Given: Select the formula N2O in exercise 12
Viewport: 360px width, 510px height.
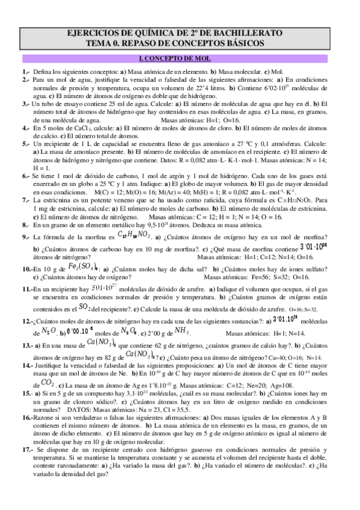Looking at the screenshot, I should tap(49, 331).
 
